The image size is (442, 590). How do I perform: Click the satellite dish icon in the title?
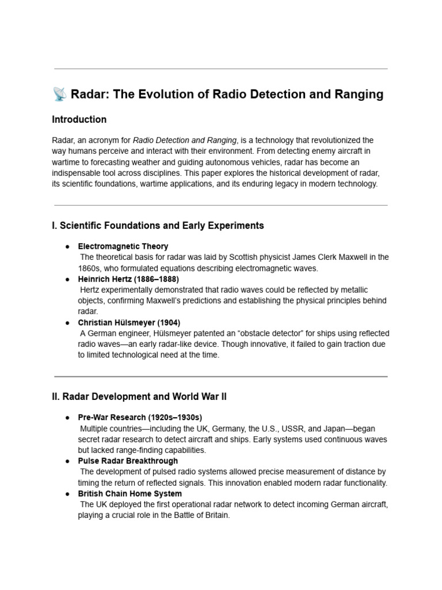pyautogui.click(x=59, y=94)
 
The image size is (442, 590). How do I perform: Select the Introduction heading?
pyautogui.click(x=79, y=120)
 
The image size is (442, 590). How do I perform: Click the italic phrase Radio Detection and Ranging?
pyautogui.click(x=185, y=140)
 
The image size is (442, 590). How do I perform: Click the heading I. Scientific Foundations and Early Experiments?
pyautogui.click(x=158, y=225)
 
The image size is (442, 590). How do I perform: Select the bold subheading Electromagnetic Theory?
pyautogui.click(x=123, y=246)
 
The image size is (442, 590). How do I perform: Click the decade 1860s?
pyautogui.click(x=90, y=268)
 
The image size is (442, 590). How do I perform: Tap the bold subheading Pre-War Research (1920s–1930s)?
pyautogui.click(x=140, y=417)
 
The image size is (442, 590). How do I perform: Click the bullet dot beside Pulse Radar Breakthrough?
pyautogui.click(x=67, y=461)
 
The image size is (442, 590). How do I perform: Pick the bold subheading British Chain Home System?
pyautogui.click(x=129, y=494)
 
